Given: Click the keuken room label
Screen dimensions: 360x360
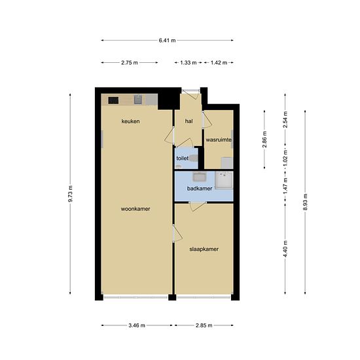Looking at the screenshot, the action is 130,121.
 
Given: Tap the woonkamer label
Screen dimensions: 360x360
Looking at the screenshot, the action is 135,209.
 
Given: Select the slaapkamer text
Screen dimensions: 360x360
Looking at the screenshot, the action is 204,249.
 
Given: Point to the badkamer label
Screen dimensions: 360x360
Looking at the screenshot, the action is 200,189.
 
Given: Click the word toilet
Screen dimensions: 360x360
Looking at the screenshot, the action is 183,158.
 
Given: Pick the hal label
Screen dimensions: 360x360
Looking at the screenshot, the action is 189,121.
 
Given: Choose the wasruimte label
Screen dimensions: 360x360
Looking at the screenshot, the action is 219,140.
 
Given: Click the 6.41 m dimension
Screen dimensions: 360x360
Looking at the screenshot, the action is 167,41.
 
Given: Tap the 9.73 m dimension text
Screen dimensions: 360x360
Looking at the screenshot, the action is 70,194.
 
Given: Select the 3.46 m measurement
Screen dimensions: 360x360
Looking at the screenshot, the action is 137,325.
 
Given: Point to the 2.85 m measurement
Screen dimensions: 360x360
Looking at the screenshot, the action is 204,325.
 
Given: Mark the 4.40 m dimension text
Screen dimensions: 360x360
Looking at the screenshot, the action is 285,249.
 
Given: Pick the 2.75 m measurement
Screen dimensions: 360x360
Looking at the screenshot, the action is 130,63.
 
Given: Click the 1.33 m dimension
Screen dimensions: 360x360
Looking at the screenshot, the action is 189,63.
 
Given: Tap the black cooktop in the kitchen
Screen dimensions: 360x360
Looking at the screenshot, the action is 113,100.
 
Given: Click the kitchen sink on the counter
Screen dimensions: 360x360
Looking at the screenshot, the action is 138,99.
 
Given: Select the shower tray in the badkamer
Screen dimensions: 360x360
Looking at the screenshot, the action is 224,180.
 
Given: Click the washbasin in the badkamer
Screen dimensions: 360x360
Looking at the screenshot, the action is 199,177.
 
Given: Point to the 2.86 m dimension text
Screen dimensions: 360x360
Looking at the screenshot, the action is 264,140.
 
